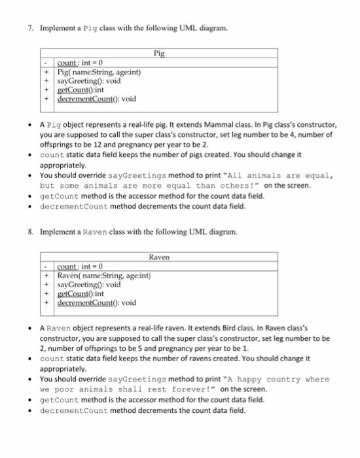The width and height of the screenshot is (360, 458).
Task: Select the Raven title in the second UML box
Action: [x=159, y=257]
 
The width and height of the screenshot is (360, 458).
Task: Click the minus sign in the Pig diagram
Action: [x=45, y=62]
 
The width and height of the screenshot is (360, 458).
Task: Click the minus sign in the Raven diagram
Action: [x=45, y=267]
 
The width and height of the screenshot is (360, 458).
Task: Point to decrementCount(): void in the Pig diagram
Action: [x=97, y=99]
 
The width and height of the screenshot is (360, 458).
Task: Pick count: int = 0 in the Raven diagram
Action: [x=81, y=267]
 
